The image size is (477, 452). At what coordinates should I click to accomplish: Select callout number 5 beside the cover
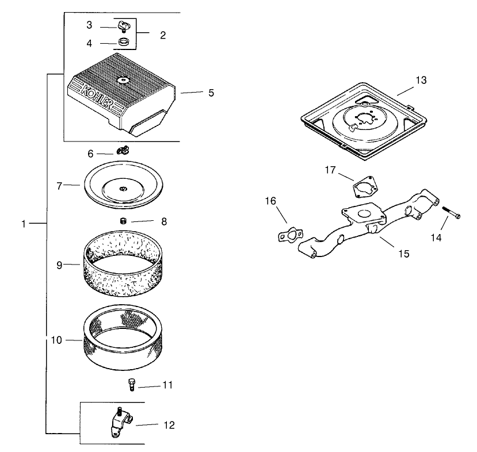coord(211,93)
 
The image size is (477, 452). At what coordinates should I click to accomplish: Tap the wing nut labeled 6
coord(122,151)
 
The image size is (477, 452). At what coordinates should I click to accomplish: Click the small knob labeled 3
coord(121,26)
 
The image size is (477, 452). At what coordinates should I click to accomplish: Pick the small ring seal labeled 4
coord(122,42)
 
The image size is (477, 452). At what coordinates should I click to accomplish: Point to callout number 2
coord(163,35)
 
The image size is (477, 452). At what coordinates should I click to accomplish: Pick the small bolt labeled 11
coord(131,385)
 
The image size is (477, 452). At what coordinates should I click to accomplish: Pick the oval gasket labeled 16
coord(290,235)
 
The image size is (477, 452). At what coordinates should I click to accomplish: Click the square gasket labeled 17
coord(362,186)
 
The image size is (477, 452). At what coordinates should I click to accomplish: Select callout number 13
coord(421,80)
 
